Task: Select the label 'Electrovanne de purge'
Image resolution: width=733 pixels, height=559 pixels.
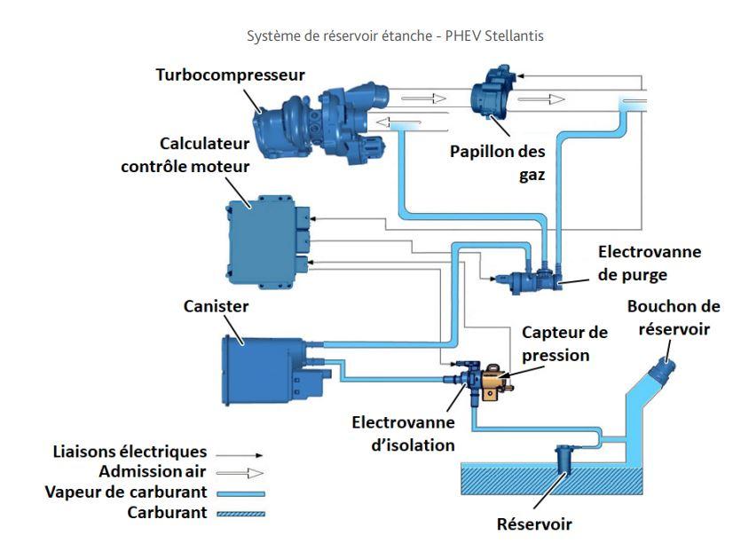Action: pos(649,264)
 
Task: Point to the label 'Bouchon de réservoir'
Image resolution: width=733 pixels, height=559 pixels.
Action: pos(673,317)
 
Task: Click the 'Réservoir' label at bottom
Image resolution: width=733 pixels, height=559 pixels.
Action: pos(534,524)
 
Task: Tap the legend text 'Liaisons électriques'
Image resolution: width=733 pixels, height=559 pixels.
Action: pos(130,453)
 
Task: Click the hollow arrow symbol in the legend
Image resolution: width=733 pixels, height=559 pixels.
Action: pos(241,473)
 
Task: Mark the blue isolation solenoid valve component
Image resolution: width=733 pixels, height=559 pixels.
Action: pos(466,377)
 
